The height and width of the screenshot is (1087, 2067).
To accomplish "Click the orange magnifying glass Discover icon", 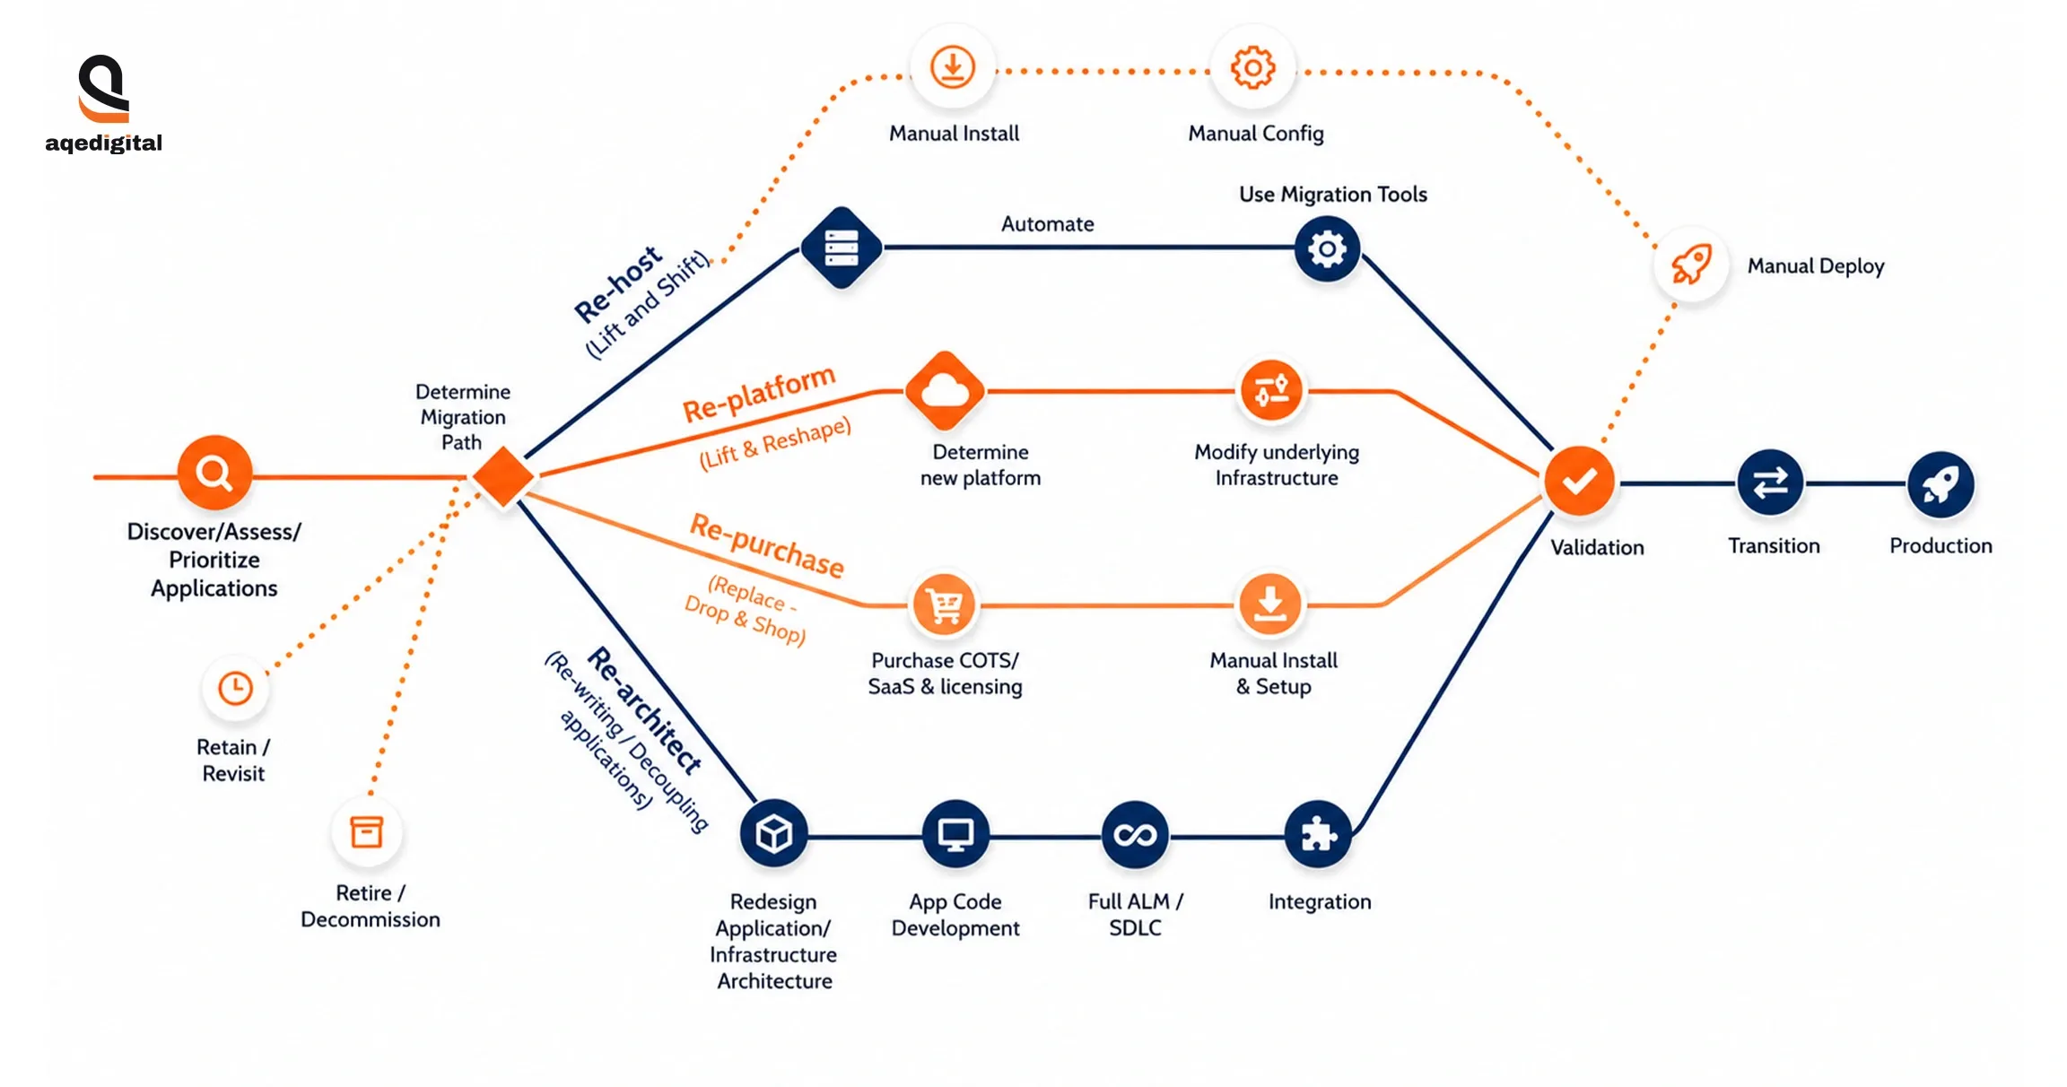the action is pos(214,473).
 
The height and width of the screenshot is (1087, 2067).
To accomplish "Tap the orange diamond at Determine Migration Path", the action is pos(503,476).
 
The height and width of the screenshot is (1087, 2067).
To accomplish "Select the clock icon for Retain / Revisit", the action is pos(236,689).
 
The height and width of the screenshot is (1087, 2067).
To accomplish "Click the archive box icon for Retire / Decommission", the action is pos(366,832).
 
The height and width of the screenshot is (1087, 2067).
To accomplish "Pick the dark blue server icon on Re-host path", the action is pos(841,248).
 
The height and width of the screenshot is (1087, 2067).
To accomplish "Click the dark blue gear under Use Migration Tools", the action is pos(1327,248).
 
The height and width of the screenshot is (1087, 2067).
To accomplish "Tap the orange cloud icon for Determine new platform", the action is pos(945,391).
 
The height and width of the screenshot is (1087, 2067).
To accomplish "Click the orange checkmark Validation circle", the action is pos(1579,482).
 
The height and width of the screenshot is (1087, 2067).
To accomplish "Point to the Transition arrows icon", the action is pos(1770,483).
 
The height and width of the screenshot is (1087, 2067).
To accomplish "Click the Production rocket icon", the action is pos(1941,484).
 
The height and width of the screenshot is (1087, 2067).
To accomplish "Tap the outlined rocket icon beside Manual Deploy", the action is pos(1691,265).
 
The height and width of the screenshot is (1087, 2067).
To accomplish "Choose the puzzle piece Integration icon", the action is pos(1318,835).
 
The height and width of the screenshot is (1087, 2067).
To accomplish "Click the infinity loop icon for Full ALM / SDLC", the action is pos(1135,835).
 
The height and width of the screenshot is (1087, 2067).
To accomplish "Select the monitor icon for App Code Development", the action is pos(955,835).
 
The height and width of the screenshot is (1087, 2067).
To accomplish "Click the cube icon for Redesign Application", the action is pos(773,835).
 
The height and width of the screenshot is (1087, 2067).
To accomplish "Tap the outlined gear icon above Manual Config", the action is pos(1252,68).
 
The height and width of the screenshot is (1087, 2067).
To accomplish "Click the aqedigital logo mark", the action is pos(104,89).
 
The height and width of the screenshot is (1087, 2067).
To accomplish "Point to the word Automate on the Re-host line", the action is pos(1047,223).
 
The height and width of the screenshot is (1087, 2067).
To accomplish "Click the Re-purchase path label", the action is pos(767,545).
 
